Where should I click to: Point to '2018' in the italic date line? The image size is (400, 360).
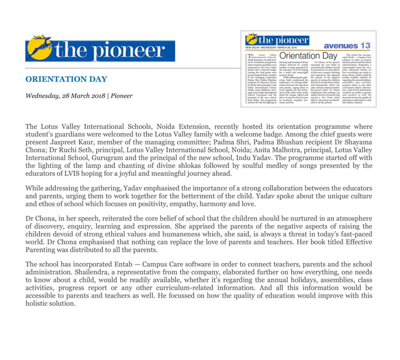(98, 95)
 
